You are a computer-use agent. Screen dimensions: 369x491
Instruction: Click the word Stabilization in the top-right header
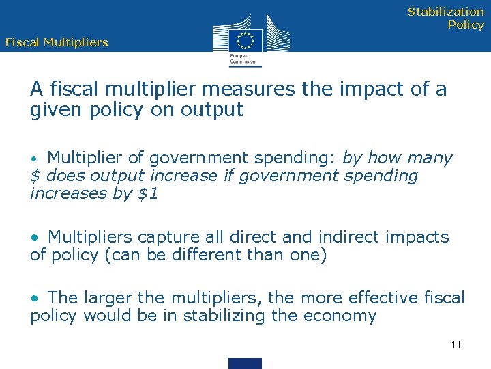pos(446,12)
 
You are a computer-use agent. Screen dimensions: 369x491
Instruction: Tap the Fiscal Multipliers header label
pos(57,42)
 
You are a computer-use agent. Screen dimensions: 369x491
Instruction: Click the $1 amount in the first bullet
pos(148,193)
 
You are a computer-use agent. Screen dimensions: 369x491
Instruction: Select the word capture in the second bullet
pos(163,237)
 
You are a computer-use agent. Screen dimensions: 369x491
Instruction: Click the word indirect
pos(353,237)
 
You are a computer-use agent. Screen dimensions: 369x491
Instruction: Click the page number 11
pos(456,344)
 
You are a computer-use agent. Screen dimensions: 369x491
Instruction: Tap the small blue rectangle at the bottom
pos(245,363)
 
